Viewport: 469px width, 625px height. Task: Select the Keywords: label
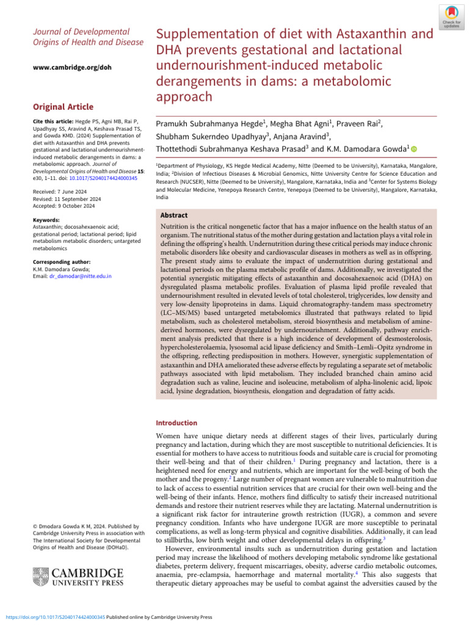pyautogui.click(x=46, y=220)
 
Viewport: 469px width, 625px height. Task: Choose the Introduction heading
pyautogui.click(x=176, y=422)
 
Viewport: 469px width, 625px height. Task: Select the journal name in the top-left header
pyautogui.click(x=89, y=37)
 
